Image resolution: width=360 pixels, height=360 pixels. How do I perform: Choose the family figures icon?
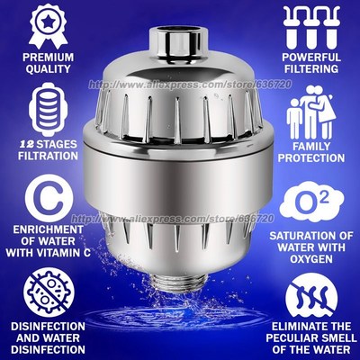pos(311,118)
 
